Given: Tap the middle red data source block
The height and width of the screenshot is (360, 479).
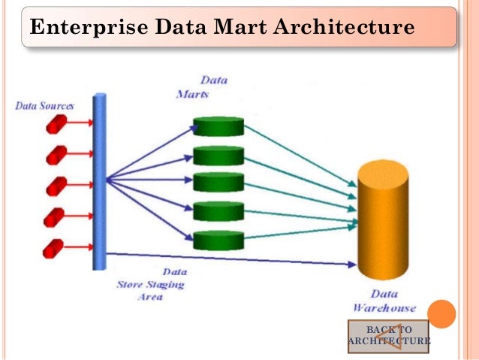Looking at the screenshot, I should click(x=56, y=186).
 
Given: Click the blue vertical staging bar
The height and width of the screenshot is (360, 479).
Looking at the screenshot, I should click(x=99, y=181).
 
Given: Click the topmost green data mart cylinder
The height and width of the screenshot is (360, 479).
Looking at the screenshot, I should click(x=218, y=126).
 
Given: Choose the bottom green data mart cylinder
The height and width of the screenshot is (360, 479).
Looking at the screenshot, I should click(x=218, y=240).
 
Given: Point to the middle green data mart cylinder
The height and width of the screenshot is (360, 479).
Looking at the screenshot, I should click(x=218, y=183).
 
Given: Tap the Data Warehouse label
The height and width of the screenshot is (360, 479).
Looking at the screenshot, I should click(x=384, y=301).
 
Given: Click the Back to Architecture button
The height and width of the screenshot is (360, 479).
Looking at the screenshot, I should click(x=388, y=336).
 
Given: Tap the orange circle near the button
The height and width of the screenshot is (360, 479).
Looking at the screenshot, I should click(x=442, y=313).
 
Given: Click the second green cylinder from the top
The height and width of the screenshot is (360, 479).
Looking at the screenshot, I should click(x=218, y=155).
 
